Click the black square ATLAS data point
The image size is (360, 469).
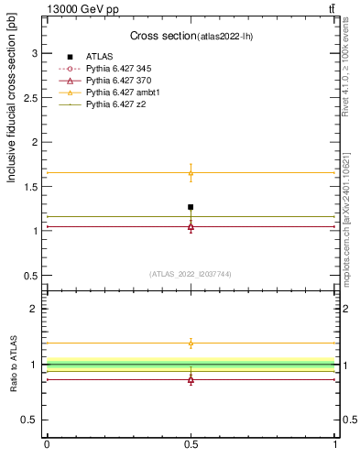(191, 207)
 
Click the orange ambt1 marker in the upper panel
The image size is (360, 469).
(191, 172)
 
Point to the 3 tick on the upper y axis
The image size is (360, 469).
(35, 53)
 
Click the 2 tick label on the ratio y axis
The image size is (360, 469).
(35, 309)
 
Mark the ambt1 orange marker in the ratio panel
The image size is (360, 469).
(191, 343)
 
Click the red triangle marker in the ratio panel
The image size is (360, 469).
(191, 379)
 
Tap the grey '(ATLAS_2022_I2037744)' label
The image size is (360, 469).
(191, 273)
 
